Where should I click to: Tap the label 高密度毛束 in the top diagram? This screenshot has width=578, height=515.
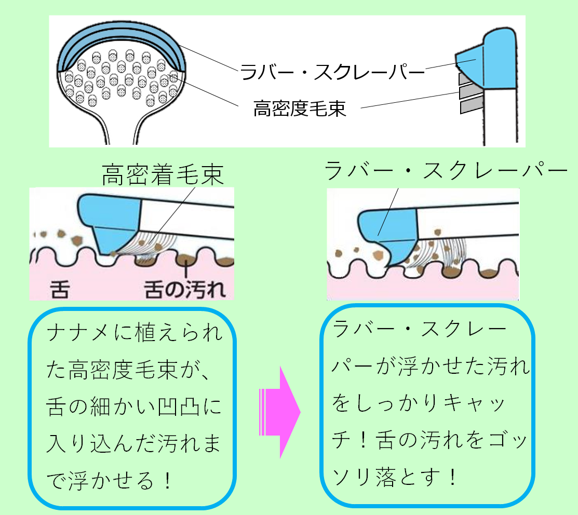point(300,109)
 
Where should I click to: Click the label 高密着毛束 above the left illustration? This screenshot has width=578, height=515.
point(163,174)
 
